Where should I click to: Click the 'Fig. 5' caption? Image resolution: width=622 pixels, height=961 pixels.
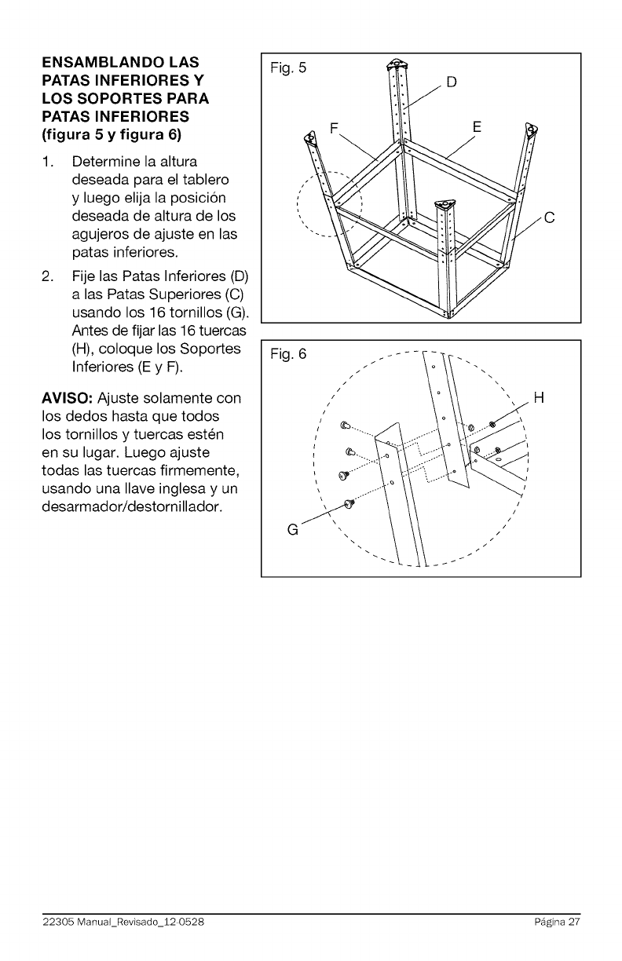point(288,68)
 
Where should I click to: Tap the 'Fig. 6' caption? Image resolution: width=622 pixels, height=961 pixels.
point(288,356)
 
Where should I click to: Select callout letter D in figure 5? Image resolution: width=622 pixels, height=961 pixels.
point(452,82)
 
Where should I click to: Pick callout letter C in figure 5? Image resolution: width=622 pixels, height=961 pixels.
point(550,218)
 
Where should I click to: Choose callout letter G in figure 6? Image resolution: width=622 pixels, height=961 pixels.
point(293,529)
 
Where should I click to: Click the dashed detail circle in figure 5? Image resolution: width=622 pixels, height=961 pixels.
point(329,203)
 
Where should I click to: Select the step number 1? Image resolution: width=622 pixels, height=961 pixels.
point(49,162)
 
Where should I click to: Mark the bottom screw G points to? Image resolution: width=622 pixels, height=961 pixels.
point(350,505)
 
